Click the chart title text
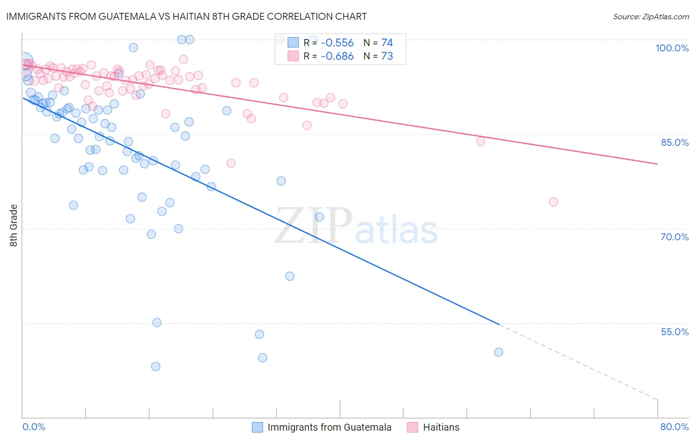[x=186, y=16]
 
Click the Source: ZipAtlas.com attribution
[x=651, y=17]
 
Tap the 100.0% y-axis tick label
[x=672, y=48]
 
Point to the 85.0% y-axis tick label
[x=675, y=142]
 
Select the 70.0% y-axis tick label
[x=675, y=237]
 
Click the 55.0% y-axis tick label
[x=675, y=332]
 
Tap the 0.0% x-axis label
[x=34, y=427]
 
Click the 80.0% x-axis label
[x=674, y=427]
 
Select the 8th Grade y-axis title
[x=13, y=225]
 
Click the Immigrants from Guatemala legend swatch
[x=258, y=427]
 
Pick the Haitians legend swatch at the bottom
[x=413, y=427]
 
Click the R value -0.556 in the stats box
[x=337, y=43]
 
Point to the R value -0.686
[x=337, y=56]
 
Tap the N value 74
[x=387, y=43]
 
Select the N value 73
[x=387, y=56]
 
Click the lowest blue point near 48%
[x=156, y=366]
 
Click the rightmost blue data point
[x=498, y=352]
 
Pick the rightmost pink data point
[x=554, y=202]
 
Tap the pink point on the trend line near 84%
[x=480, y=141]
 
